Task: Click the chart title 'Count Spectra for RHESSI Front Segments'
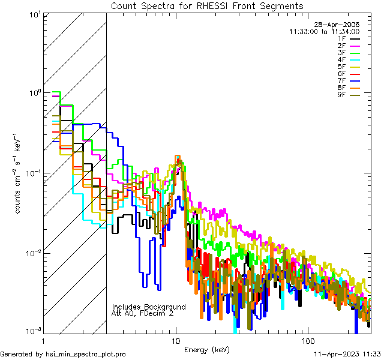[207, 5]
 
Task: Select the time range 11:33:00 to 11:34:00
[324, 31]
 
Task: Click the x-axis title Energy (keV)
[207, 349]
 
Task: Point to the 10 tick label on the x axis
[176, 340]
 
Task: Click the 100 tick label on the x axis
[307, 340]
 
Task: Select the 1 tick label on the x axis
[44, 340]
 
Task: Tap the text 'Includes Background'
[149, 307]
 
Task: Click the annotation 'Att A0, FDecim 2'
[143, 313]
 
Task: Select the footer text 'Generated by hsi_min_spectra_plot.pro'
[63, 355]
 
